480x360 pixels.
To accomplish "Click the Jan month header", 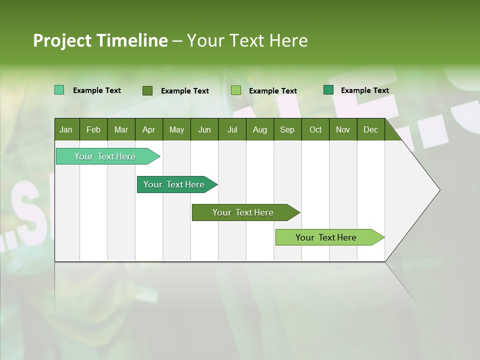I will pos(66,130).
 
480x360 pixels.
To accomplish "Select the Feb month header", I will pos(93,130).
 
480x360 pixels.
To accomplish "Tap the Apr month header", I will pos(148,130).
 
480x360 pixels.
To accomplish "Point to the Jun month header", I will pos(204,130).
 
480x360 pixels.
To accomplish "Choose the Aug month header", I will pos(259,130).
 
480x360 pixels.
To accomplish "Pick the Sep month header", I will pos(287,130).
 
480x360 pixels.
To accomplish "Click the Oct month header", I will pos(315,130).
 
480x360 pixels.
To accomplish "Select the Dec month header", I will pos(370,130).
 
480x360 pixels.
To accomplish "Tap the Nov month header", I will pos(343,130).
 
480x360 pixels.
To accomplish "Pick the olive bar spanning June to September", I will pos(243,212).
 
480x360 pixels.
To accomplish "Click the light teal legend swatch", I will pos(59,90).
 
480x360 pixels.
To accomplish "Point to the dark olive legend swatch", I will pos(147,90).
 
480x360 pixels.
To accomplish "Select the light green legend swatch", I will pos(236,90).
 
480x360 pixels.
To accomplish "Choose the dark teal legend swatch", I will pos(328,90).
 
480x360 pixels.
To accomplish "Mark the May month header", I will pos(176,130).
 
